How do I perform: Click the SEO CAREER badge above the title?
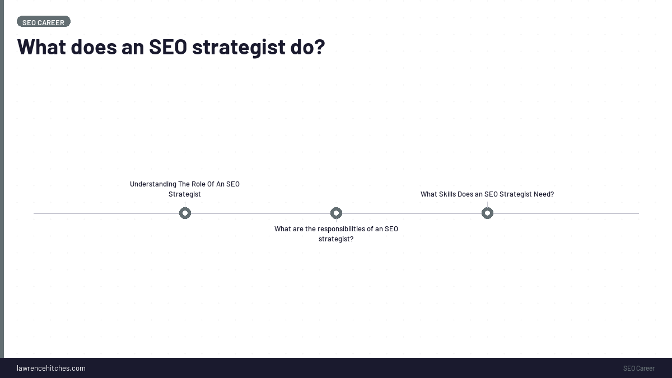click(44, 22)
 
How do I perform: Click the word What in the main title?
click(41, 47)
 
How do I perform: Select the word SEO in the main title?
click(167, 47)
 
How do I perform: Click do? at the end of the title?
click(307, 47)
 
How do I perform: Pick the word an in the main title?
click(133, 47)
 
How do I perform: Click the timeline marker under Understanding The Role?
click(185, 213)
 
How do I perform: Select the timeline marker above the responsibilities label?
click(336, 213)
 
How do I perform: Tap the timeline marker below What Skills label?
click(487, 213)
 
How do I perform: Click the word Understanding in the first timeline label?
click(153, 184)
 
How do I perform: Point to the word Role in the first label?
click(199, 184)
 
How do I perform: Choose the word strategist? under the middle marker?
click(336, 239)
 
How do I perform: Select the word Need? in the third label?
click(543, 194)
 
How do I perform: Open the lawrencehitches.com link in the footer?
click(51, 368)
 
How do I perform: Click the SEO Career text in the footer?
click(638, 368)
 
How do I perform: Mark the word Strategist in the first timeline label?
click(185, 194)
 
